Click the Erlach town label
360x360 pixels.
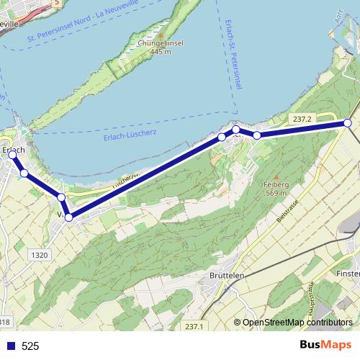14,149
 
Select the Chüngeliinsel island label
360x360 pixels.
160,43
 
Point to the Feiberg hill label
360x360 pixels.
276,184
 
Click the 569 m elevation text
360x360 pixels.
276,192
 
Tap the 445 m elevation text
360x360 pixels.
160,51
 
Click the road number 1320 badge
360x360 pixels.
41,255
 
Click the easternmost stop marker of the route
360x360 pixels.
348,123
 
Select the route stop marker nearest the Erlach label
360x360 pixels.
12,155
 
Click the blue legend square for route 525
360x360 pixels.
11,346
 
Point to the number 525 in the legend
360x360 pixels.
30,346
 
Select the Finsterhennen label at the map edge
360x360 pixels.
348,274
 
